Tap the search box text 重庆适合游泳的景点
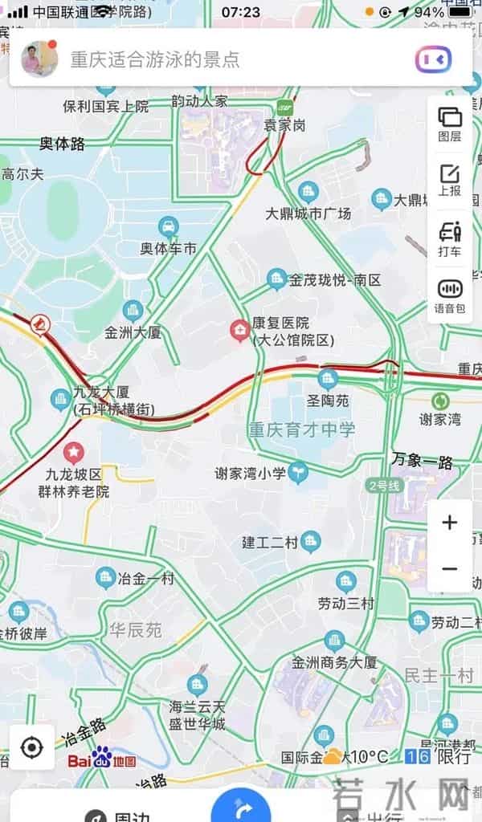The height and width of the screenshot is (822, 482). [x=155, y=59]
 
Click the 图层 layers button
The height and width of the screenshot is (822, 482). [x=450, y=124]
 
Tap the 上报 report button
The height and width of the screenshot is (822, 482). [x=450, y=180]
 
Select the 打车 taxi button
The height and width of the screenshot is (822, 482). [x=450, y=238]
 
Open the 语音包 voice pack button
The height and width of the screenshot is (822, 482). [x=450, y=295]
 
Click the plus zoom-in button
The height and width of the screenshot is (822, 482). [x=450, y=523]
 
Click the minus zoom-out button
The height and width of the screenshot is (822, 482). [x=450, y=569]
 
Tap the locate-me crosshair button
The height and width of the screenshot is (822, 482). [x=32, y=748]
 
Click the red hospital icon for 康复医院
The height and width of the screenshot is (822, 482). [x=239, y=330]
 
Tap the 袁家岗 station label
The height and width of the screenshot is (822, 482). [x=284, y=125]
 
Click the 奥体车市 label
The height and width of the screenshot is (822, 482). [x=169, y=249]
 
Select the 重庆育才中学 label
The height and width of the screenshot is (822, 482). [x=301, y=429]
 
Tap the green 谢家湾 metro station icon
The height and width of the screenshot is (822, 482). [x=440, y=401]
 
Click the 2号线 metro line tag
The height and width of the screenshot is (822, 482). [x=383, y=486]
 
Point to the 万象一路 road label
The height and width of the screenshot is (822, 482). [x=423, y=462]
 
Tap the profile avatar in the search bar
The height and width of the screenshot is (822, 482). [x=38, y=58]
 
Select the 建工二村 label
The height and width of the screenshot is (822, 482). [x=270, y=543]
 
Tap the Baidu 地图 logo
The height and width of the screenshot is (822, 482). [x=102, y=759]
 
